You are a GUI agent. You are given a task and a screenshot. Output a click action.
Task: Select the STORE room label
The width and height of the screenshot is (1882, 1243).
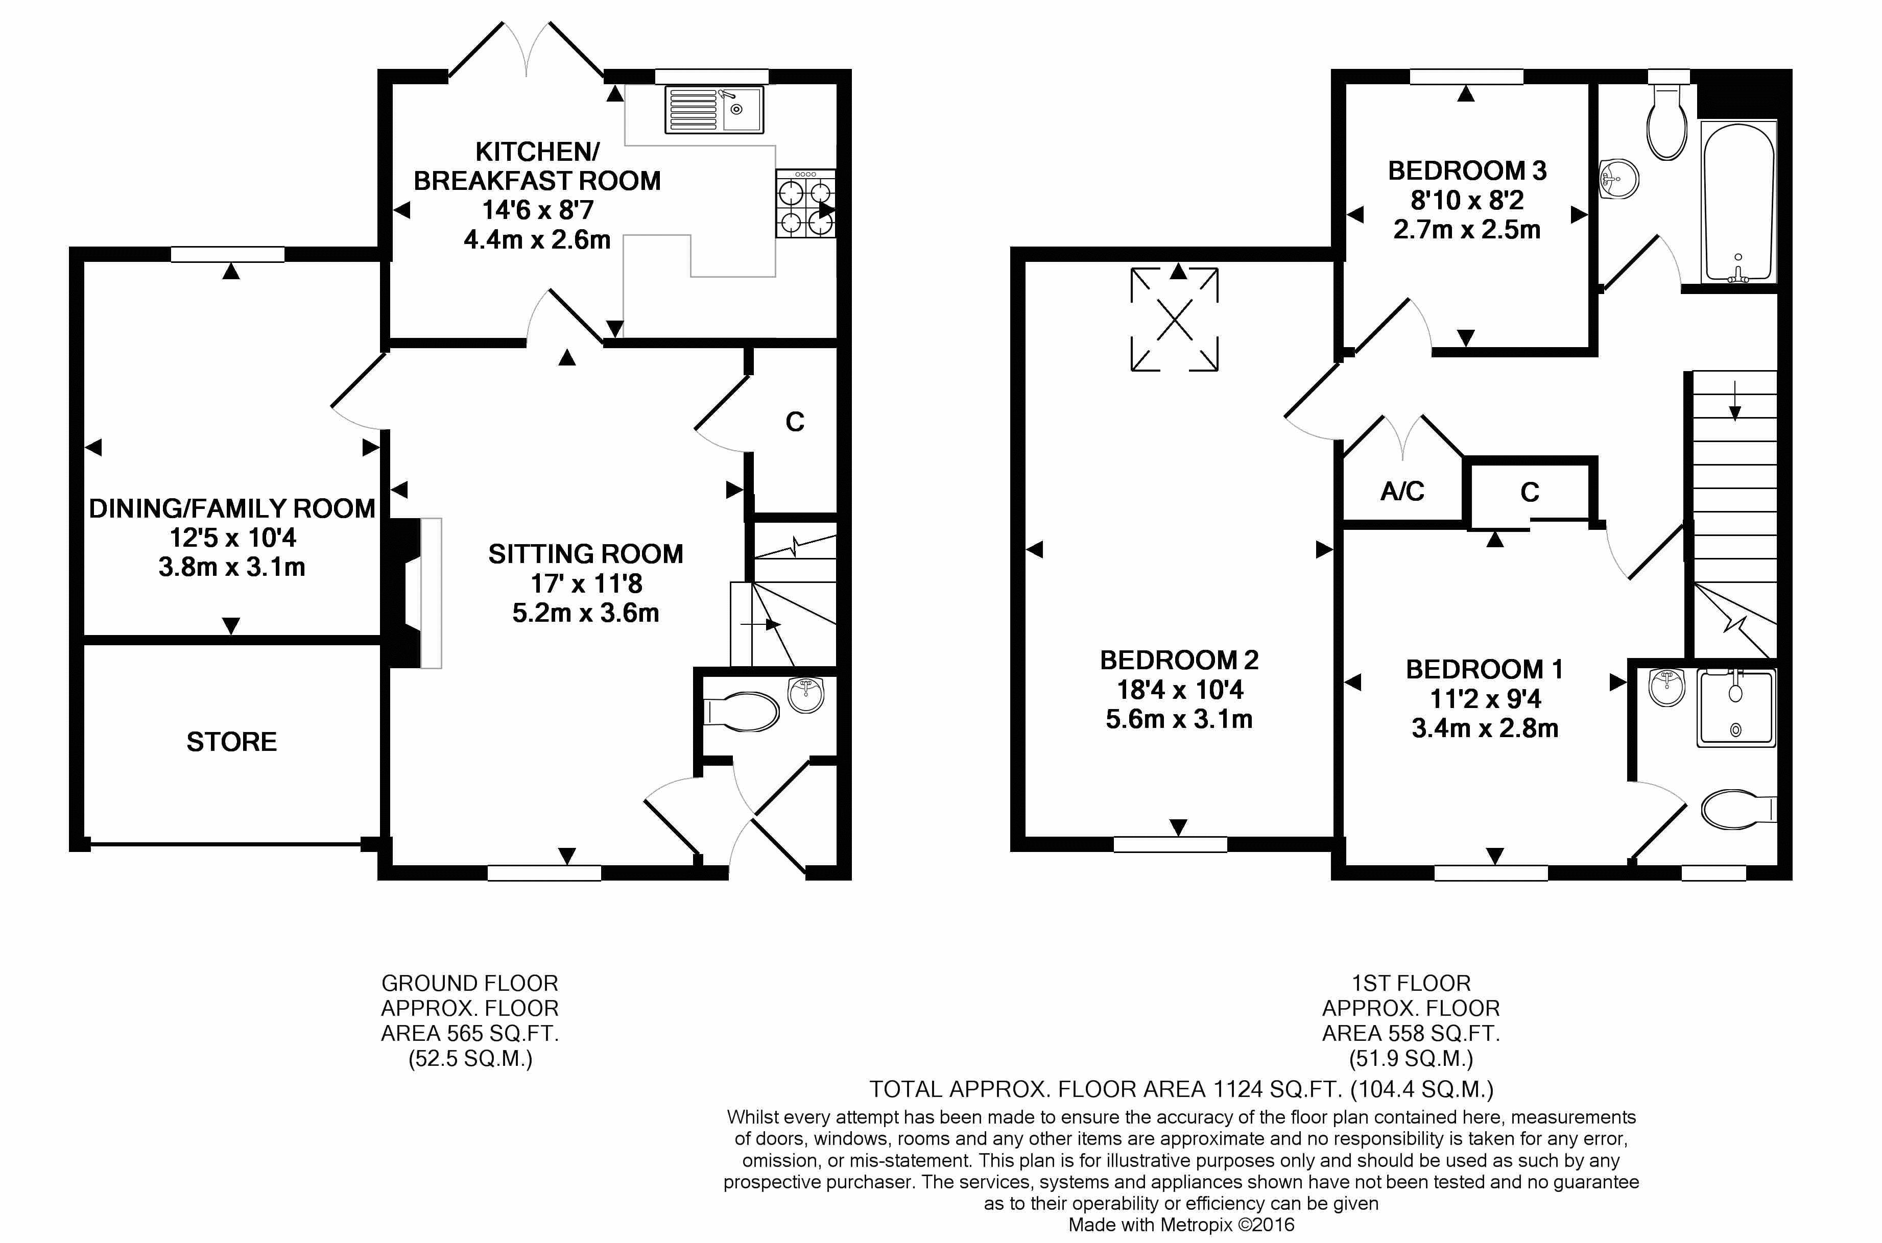click(231, 741)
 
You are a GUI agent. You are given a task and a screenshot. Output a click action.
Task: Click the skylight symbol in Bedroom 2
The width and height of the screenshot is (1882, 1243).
click(1174, 320)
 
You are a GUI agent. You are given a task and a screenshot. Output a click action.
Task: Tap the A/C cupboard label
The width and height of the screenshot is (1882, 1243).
click(1401, 492)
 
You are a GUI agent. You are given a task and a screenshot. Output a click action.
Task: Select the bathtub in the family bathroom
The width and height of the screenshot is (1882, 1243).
click(1737, 202)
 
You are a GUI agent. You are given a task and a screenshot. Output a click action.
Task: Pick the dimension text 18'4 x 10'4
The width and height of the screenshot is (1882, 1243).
click(1179, 690)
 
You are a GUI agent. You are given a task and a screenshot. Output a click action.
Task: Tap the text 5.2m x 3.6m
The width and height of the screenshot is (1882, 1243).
click(585, 613)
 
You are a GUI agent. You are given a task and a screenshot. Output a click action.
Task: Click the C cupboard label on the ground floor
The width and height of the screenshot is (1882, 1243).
click(795, 422)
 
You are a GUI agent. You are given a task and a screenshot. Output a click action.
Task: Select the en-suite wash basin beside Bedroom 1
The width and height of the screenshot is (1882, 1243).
click(1666, 687)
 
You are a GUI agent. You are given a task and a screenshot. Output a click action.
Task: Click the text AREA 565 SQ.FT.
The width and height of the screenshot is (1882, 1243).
click(469, 1033)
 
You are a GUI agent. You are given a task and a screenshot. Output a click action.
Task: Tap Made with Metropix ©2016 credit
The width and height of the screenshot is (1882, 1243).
click(1181, 1225)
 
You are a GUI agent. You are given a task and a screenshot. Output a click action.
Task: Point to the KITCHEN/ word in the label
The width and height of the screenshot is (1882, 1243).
click(537, 151)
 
